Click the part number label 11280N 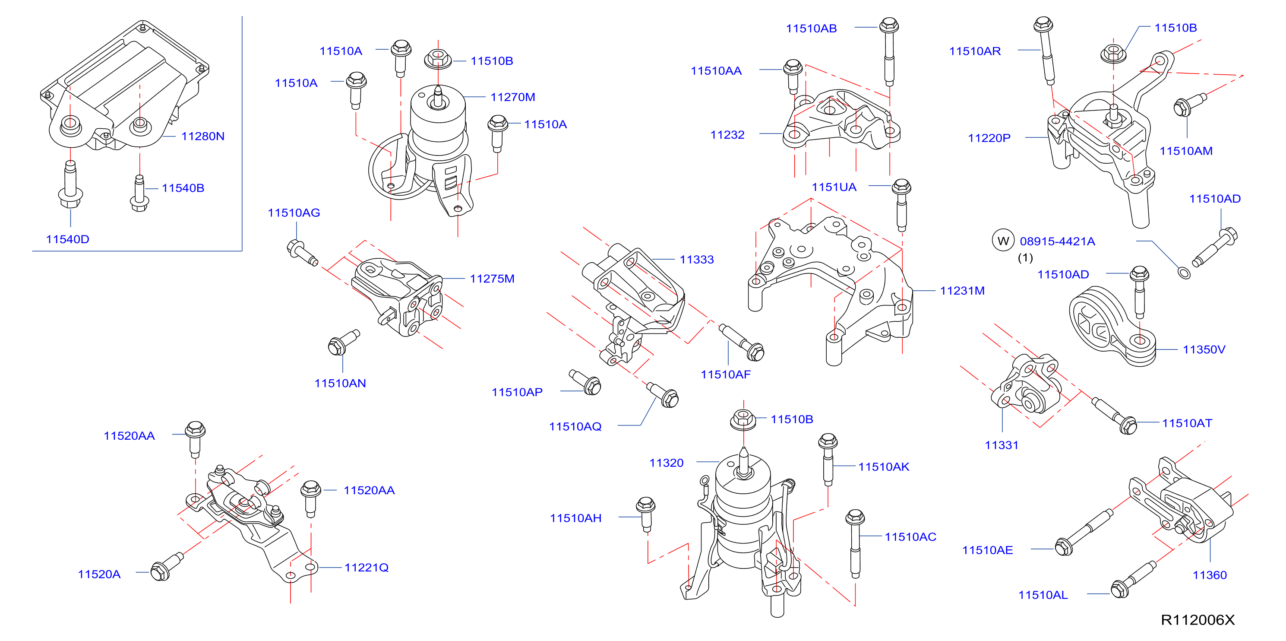click(203, 136)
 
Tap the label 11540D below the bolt click(67, 239)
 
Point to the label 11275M click(492, 279)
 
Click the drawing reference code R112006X click(1198, 620)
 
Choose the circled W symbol click(1003, 241)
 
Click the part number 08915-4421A click(1057, 241)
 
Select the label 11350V click(1204, 350)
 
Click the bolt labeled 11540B click(140, 194)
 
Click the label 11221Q click(367, 568)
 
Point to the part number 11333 click(697, 260)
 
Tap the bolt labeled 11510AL click(1133, 580)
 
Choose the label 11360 click(1210, 575)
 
